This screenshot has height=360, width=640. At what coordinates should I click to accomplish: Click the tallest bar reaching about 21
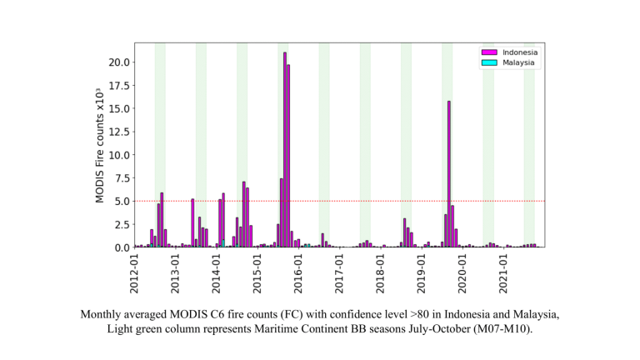point(285,150)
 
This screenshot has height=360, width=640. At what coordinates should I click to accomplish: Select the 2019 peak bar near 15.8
point(449,174)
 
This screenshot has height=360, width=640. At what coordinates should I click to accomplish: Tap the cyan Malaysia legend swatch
point(489,62)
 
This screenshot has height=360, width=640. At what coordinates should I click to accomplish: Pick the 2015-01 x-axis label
point(257,272)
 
